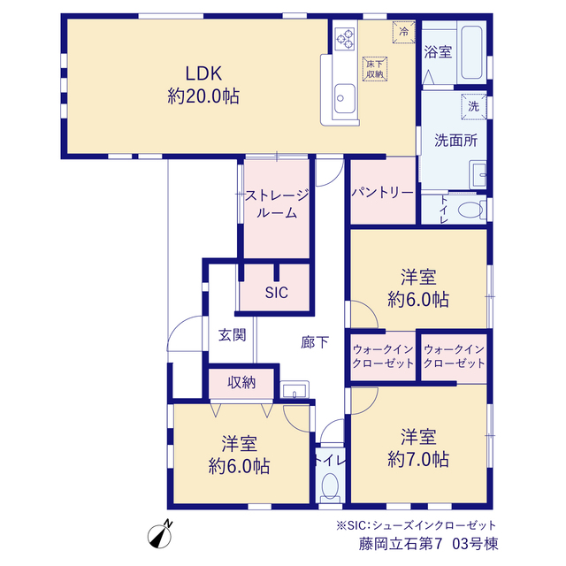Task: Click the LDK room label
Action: pos(203,73)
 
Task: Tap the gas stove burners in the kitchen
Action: pos(345,39)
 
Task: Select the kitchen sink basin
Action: pos(344,98)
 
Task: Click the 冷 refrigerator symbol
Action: pos(403,32)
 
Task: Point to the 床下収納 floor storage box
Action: pos(375,69)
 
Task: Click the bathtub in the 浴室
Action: pos(471,52)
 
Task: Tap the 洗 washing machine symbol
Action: pos(474,106)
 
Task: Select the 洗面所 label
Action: pos(456,141)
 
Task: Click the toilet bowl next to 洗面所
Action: pos(470,210)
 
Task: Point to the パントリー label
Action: pos(383,193)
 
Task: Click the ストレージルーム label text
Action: pos(277,204)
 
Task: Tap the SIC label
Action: pos(277,293)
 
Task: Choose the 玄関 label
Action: pos(232,335)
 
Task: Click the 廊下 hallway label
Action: pos(315,342)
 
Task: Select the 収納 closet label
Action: pos(241,382)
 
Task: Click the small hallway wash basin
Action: pos(294,390)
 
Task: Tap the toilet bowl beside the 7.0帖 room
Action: pos(330,486)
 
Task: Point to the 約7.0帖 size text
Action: pos(418,460)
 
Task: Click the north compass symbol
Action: pos(160,534)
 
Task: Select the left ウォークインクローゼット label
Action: pos(383,356)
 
